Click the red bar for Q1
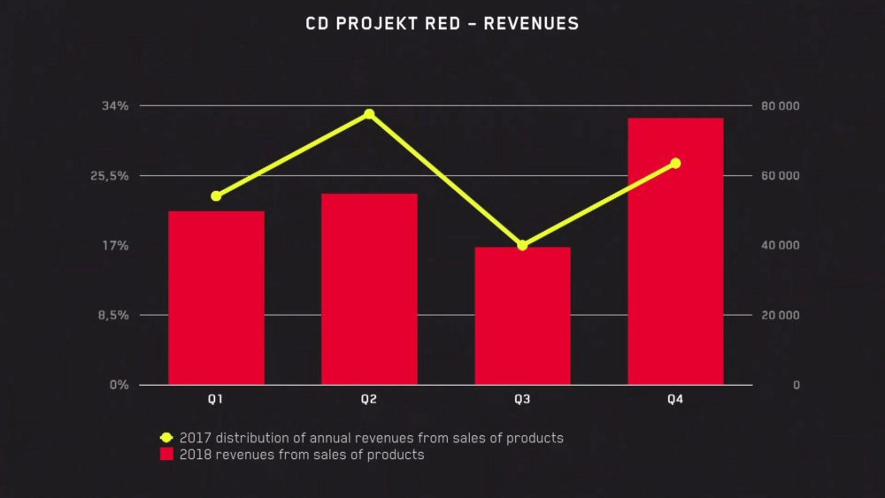(x=216, y=297)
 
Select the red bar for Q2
(x=369, y=288)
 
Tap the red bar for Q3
(x=522, y=315)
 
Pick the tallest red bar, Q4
(x=675, y=251)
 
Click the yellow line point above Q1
(x=216, y=195)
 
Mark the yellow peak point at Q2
(x=369, y=114)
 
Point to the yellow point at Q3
(x=522, y=245)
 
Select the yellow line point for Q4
(x=675, y=163)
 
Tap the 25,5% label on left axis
(x=110, y=176)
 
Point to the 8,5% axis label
(x=112, y=315)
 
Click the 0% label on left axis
(x=119, y=385)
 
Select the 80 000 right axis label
(x=781, y=106)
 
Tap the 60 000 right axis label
(x=781, y=176)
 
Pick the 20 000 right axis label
(x=781, y=315)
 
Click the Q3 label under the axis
(x=522, y=400)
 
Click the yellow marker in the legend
(x=165, y=437)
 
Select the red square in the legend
(x=165, y=455)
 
